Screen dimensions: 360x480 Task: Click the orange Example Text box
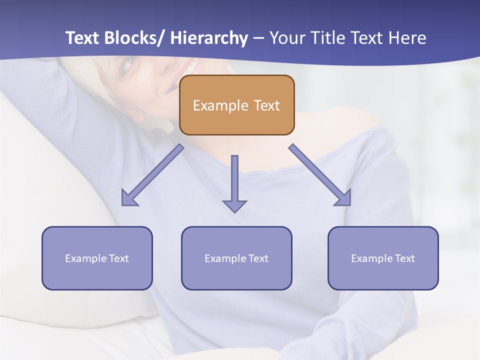(236, 105)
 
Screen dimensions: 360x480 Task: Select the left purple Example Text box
(97, 258)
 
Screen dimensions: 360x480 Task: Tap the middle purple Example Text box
(236, 258)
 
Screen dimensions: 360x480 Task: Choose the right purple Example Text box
(383, 258)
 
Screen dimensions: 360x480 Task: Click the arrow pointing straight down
(234, 183)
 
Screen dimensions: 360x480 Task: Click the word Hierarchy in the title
(209, 38)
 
